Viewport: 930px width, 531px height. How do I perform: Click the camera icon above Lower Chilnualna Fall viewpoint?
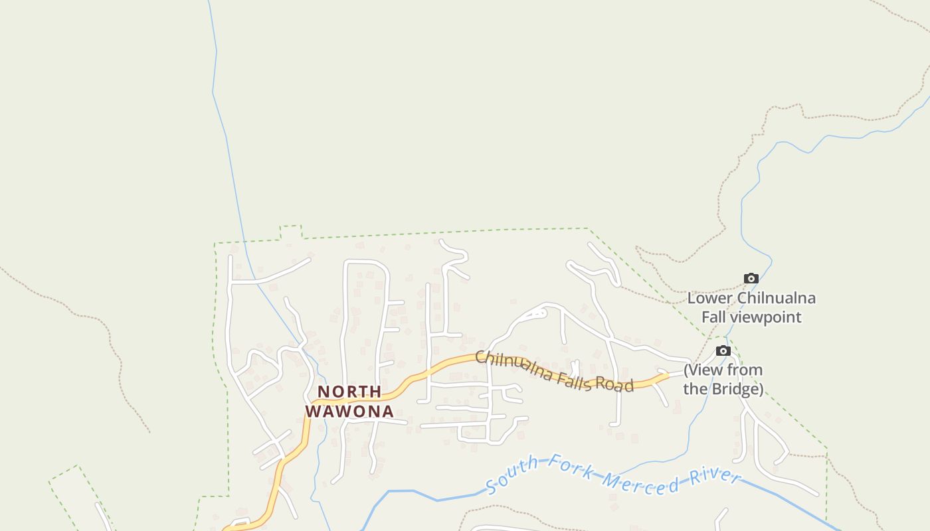tap(751, 279)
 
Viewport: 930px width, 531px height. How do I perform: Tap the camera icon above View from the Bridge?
tap(723, 350)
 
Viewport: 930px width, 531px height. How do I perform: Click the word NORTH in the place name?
tap(349, 392)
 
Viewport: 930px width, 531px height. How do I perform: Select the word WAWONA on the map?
tap(349, 412)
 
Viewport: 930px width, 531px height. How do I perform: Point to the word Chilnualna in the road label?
tap(513, 366)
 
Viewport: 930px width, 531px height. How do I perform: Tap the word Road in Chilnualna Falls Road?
tap(614, 384)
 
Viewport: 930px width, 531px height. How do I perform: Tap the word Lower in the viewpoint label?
tap(710, 298)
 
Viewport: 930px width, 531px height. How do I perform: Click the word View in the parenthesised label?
tap(706, 370)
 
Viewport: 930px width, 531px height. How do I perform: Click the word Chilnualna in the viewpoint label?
tap(777, 298)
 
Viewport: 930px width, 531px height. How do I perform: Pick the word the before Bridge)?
tap(695, 389)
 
